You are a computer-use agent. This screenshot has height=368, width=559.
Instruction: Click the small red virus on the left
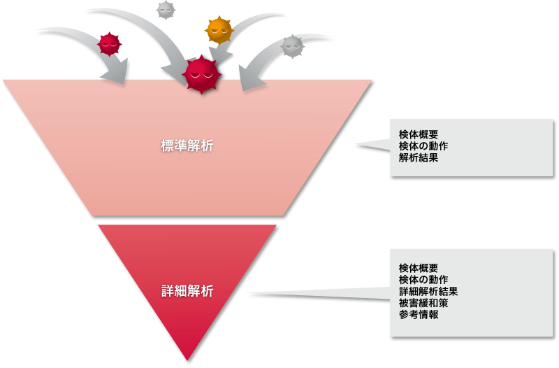pyautogui.click(x=108, y=44)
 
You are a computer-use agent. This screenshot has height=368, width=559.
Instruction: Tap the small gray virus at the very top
pyautogui.click(x=166, y=9)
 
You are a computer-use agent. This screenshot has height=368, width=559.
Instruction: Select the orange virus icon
pyautogui.click(x=219, y=29)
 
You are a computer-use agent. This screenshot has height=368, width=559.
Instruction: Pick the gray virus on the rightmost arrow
pyautogui.click(x=292, y=46)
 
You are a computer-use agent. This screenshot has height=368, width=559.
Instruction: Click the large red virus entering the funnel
pyautogui.click(x=201, y=73)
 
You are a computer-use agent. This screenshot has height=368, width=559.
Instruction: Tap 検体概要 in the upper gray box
pyautogui.click(x=419, y=135)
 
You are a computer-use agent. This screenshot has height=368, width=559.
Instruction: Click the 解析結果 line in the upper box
pyautogui.click(x=419, y=158)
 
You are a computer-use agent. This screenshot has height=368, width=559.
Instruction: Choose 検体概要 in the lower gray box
pyautogui.click(x=419, y=268)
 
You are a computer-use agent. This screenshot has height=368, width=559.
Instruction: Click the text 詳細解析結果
pyautogui.click(x=428, y=291)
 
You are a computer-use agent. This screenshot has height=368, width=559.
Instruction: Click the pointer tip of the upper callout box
pyautogui.click(x=357, y=146)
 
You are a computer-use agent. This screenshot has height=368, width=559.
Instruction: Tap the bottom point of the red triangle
pyautogui.click(x=188, y=360)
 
